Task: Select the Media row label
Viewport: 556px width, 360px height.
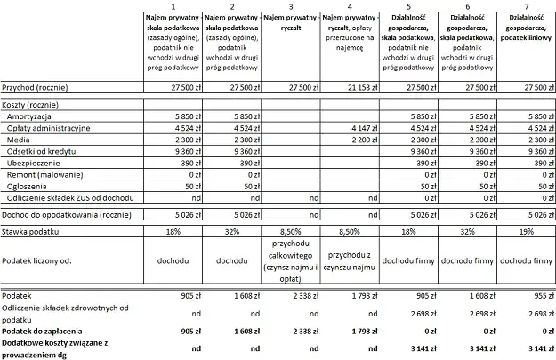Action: [x=20, y=140]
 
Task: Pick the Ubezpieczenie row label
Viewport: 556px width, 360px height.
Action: [x=34, y=164]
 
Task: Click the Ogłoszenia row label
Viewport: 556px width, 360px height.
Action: [x=30, y=187]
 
